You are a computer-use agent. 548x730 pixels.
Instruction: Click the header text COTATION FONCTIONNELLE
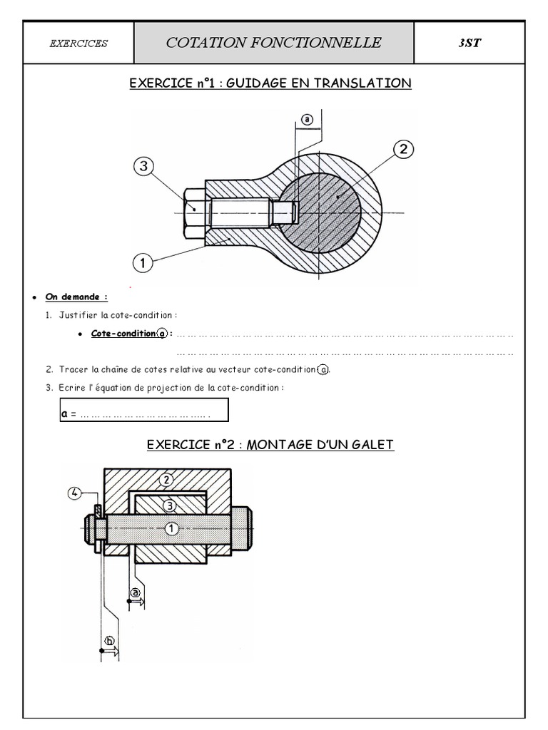coord(273,43)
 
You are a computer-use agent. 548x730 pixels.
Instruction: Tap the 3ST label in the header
coord(470,43)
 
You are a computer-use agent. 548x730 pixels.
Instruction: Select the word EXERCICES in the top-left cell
coord(78,43)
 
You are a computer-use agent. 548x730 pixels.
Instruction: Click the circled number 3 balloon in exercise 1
coord(143,165)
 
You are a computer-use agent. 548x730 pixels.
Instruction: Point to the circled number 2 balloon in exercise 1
coord(404,149)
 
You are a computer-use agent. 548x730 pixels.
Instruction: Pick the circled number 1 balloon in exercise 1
coord(143,263)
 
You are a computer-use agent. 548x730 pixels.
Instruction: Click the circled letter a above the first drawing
coord(307,119)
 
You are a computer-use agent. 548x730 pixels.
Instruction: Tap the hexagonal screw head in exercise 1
coord(195,213)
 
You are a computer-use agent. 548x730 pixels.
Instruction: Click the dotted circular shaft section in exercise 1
coord(320,212)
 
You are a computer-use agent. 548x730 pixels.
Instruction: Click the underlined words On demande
coord(76,297)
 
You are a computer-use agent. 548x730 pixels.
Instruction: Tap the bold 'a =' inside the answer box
coord(68,413)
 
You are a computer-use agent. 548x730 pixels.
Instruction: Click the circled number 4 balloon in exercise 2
coord(74,493)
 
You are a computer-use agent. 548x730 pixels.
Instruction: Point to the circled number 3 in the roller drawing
coord(169,505)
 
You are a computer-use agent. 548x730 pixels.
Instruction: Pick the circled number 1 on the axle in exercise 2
coord(171,528)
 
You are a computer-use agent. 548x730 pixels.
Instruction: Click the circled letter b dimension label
coord(109,641)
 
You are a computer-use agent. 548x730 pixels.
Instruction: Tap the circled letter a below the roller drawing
coord(135,592)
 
